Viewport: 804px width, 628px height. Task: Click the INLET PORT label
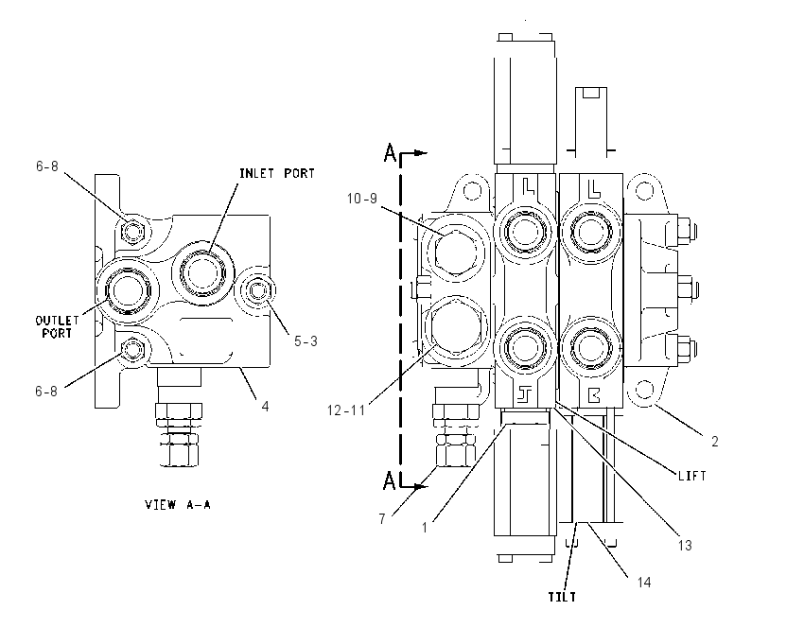coord(277,173)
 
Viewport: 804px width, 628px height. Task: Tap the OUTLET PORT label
coord(57,326)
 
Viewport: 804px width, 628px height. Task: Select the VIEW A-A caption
coord(178,504)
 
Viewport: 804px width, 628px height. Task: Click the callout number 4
coord(265,406)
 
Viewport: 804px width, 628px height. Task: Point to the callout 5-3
coord(306,340)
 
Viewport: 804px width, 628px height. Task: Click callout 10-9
coord(362,199)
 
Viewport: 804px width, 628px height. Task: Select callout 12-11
coord(346,410)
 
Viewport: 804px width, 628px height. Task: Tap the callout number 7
coord(382,519)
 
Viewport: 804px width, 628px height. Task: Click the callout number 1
coord(425,527)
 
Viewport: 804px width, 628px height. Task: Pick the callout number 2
coord(715,441)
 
